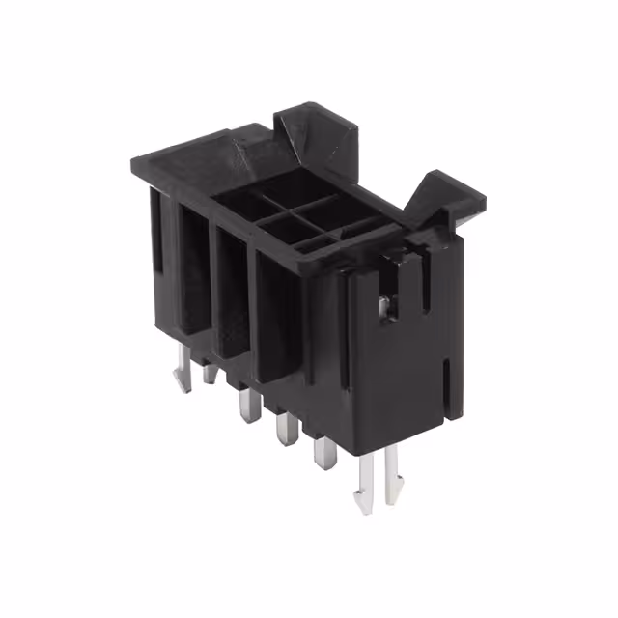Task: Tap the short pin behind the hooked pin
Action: click(209, 372)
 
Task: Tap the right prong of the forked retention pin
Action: click(391, 477)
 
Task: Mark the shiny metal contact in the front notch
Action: click(384, 307)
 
